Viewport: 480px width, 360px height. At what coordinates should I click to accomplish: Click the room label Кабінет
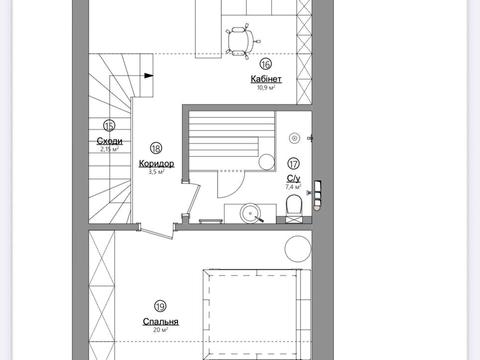266,79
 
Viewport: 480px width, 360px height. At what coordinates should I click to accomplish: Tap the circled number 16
266,64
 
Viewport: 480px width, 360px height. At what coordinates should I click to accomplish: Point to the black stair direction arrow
149,76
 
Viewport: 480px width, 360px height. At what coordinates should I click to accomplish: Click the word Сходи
109,141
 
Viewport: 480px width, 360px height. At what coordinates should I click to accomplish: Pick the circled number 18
156,148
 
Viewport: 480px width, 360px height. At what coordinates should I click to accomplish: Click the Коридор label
156,164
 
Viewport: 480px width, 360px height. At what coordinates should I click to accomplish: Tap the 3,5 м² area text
156,172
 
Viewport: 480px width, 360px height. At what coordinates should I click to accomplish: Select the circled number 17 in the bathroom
293,164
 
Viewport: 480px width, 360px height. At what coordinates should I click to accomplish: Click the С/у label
293,179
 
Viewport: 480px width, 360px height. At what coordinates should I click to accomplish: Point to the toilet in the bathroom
294,205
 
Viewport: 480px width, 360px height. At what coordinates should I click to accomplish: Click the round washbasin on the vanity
250,213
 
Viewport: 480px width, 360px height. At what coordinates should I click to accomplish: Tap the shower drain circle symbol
294,138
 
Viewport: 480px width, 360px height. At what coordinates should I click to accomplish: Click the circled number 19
160,306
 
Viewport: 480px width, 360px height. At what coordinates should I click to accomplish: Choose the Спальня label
160,322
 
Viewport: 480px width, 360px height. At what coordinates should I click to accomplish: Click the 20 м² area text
160,330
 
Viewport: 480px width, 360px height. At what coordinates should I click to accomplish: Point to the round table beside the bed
298,249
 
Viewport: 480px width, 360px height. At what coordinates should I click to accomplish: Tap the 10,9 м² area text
266,88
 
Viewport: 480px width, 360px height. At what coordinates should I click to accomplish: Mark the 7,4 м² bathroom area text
293,187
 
